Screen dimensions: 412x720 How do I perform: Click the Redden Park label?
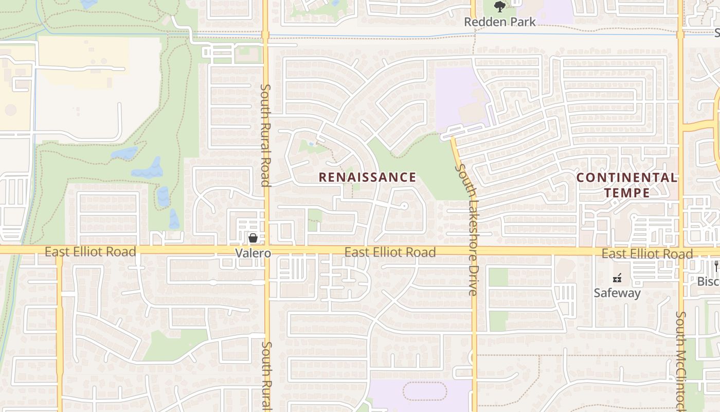point(499,22)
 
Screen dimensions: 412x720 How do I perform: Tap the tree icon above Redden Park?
point(499,7)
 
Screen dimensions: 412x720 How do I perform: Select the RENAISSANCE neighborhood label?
point(367,177)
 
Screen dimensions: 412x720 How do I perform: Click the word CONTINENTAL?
point(626,177)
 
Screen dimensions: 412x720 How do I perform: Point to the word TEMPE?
point(626,193)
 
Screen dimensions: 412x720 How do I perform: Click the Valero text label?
point(253,253)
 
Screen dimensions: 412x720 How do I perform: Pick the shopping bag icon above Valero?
point(253,238)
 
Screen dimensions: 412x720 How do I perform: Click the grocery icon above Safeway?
point(617,279)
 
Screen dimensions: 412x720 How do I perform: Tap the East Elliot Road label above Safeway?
point(647,253)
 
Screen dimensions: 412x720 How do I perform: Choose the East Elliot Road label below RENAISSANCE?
point(390,252)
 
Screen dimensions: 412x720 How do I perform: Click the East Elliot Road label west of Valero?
point(90,251)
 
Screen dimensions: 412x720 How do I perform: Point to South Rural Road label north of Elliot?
point(265,135)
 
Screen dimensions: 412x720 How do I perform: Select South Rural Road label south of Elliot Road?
point(266,376)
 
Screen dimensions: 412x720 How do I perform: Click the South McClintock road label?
point(681,360)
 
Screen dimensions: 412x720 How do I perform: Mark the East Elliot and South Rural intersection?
point(266,250)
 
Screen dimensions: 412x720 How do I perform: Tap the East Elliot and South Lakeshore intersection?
point(473,251)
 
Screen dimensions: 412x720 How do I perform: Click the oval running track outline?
point(425,391)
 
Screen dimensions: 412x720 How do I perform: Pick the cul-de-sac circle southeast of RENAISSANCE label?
point(404,206)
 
